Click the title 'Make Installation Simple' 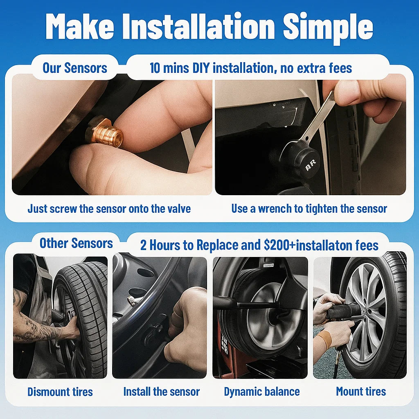209,27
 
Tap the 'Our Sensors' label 75,68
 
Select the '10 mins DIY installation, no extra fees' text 250,68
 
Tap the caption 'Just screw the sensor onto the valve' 109,209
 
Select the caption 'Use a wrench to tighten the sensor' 309,209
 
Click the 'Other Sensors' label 76,243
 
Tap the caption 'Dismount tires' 60,392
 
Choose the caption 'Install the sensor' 161,392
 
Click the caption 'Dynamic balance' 261,392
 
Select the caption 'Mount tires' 361,392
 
